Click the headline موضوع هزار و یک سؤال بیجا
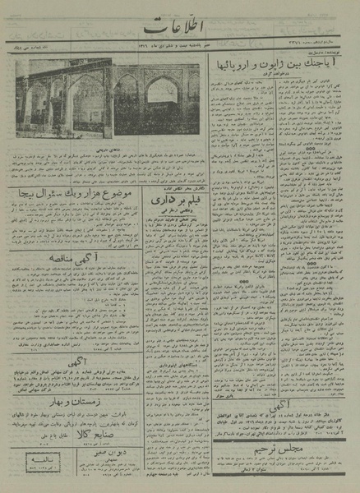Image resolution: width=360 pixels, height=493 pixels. click(67, 195)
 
